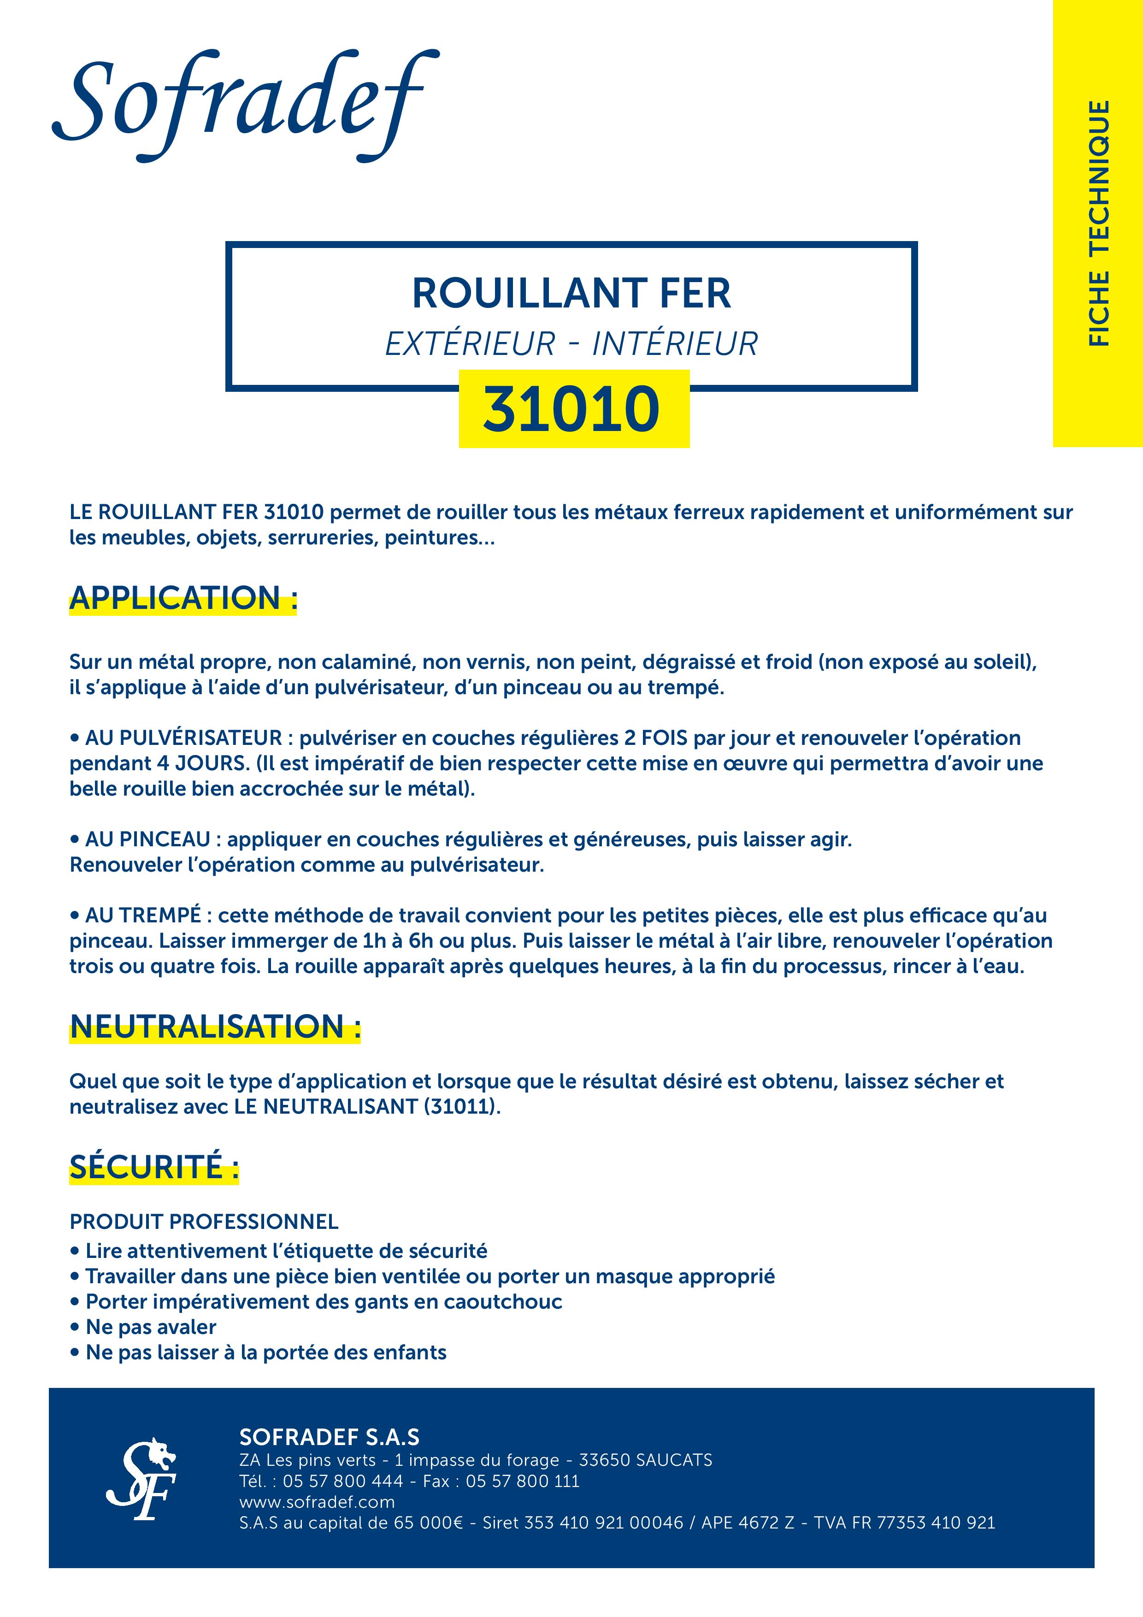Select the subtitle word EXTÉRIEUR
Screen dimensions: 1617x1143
coord(471,344)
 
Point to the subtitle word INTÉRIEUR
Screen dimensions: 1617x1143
coord(675,344)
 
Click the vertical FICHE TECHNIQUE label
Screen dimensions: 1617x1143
coord(1099,223)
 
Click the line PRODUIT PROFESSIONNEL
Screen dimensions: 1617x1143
coord(204,1221)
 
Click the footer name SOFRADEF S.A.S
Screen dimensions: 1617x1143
coord(329,1437)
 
